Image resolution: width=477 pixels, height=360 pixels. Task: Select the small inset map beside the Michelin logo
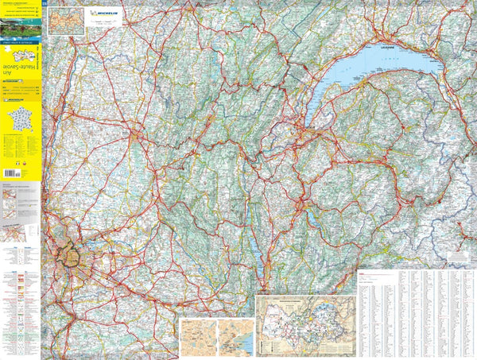tap(66, 21)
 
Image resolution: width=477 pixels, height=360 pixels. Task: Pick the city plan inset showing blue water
tap(237, 337)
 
